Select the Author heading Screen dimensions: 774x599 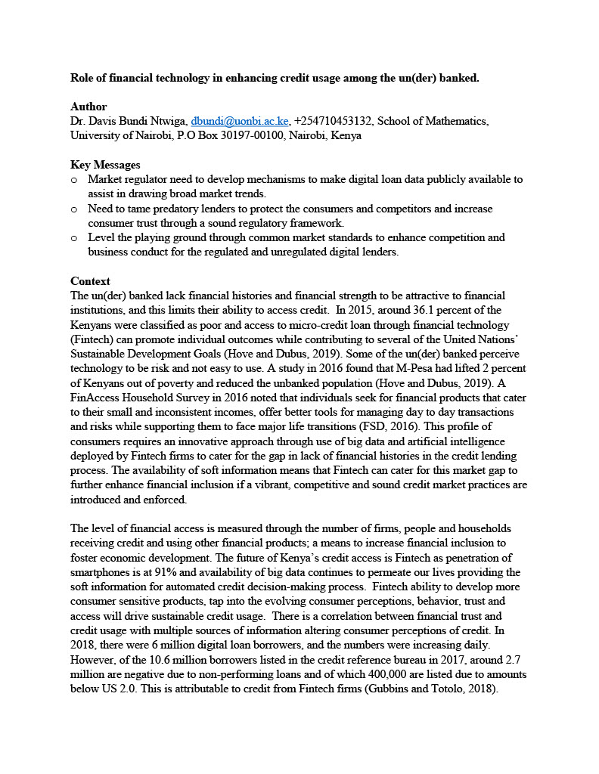pyautogui.click(x=88, y=107)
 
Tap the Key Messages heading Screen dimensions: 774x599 pyautogui.click(x=105, y=165)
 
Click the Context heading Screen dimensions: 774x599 pyautogui.click(x=90, y=281)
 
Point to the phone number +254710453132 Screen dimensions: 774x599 pyautogui.click(x=333, y=121)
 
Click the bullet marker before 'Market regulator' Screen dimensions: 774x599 pyautogui.click(x=73, y=180)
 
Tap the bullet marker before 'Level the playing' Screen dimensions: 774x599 pyautogui.click(x=73, y=238)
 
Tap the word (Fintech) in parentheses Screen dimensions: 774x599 pyautogui.click(x=93, y=339)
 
